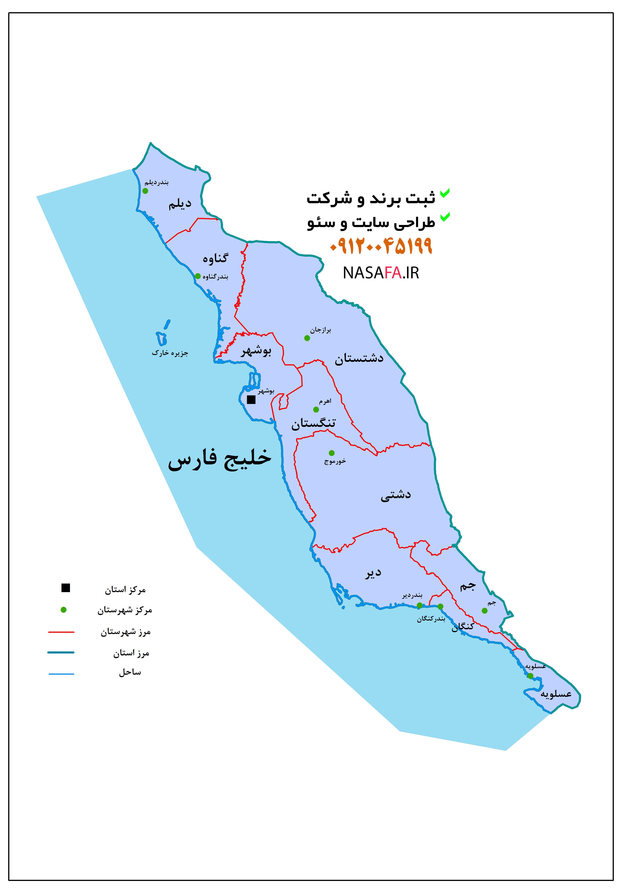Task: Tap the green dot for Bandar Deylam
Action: tap(145, 191)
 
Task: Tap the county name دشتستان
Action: tap(359, 358)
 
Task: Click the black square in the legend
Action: tap(66, 588)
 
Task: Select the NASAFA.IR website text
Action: tap(381, 273)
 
